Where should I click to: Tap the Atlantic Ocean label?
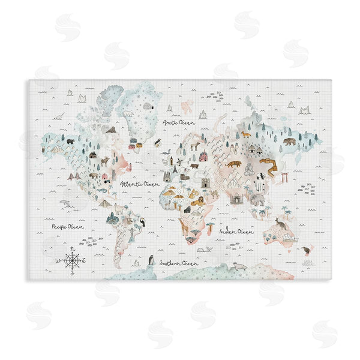pos(139,184)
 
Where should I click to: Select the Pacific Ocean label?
pos(67,227)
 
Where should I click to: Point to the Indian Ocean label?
pos(236,230)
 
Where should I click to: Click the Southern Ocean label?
pos(179,263)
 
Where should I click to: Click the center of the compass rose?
pos(73,260)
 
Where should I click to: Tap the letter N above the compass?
pos(73,248)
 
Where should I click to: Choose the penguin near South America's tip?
pos(152,260)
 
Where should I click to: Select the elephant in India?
pos(257,199)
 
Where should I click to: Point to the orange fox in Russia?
pos(246,134)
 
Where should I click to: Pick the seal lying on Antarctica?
pos(240,266)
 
